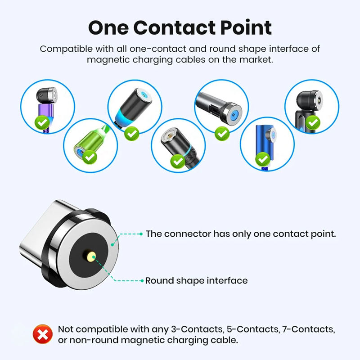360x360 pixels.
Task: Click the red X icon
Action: point(43,334)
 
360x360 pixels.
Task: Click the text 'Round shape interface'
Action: point(196,281)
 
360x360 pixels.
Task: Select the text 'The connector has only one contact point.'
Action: point(241,234)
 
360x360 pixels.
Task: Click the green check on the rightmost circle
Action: point(313,122)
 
